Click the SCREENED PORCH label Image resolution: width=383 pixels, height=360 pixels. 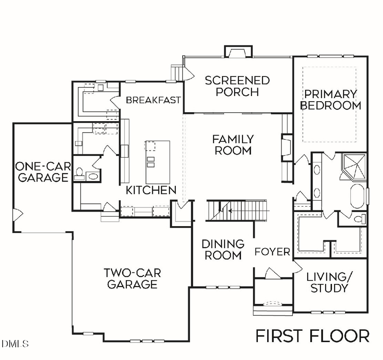(237, 86)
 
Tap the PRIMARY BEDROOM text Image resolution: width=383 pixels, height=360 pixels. (331, 99)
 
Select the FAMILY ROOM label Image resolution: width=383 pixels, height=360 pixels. (233, 145)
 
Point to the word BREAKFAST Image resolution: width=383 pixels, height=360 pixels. (153, 100)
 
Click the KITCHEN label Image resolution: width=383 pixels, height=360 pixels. (151, 190)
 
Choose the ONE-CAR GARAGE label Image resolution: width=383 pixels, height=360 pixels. (42, 171)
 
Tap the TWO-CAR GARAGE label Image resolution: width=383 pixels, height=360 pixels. (132, 278)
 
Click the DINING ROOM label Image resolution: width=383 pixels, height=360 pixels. (223, 249)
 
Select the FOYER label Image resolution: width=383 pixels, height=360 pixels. (272, 252)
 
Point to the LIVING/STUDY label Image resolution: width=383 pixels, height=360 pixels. (329, 282)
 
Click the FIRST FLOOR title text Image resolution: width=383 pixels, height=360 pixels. (312, 336)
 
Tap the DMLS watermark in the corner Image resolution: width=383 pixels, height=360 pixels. (15, 343)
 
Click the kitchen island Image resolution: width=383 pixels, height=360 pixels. (158, 162)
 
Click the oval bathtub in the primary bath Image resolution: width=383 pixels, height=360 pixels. (357, 196)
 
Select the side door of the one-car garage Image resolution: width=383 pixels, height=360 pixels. (17, 215)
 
